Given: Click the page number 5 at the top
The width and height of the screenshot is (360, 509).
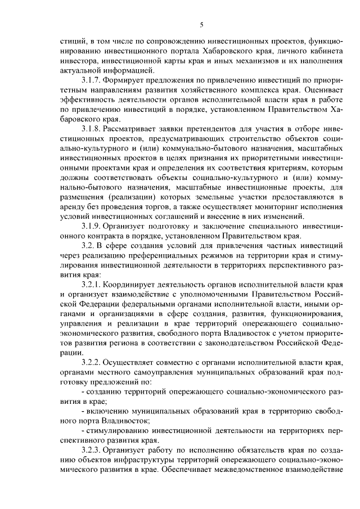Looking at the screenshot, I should tap(201, 24).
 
